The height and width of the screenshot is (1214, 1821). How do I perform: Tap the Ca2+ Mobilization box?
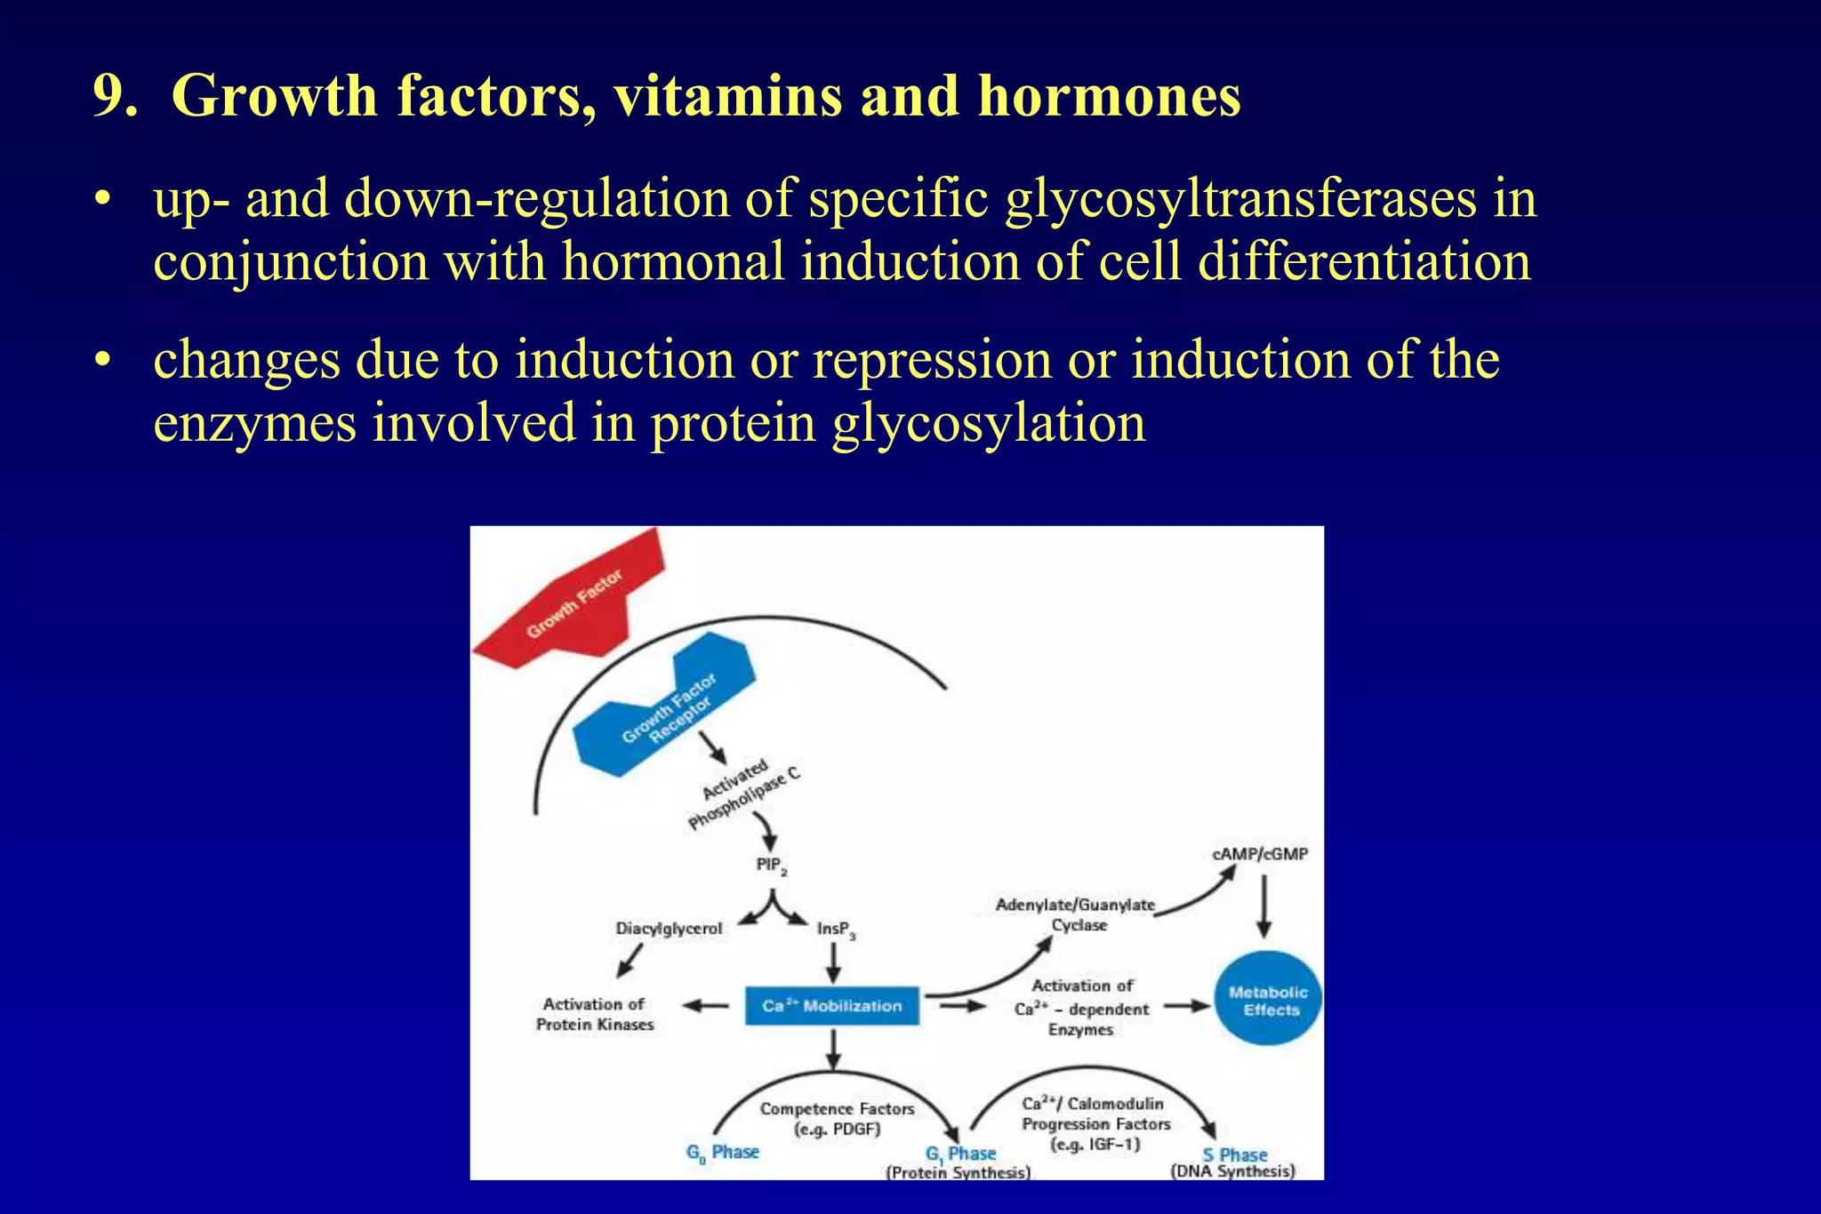point(832,1005)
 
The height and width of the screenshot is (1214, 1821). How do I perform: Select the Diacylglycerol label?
point(669,928)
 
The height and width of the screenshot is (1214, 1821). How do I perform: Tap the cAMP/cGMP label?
point(1259,854)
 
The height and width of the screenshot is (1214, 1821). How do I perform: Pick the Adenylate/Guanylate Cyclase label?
point(1076,914)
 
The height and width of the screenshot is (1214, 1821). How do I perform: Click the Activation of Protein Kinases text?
point(594,1014)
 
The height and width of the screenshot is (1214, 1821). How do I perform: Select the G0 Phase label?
point(722,1153)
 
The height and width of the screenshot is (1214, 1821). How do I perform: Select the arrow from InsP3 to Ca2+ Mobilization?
point(833,962)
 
